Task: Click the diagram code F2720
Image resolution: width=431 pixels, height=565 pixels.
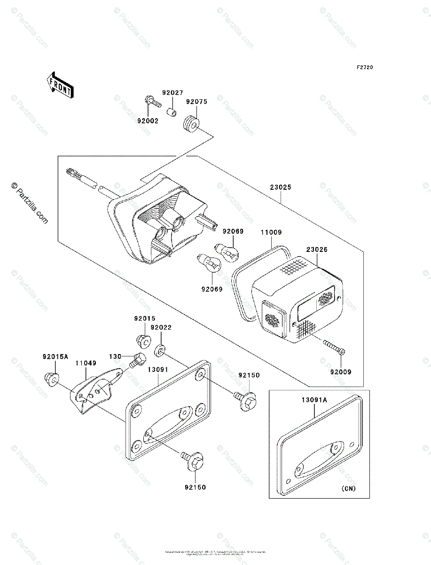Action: [x=364, y=67]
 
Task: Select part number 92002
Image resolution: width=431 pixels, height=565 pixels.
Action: [x=148, y=121]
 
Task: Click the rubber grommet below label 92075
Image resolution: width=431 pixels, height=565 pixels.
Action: [x=190, y=124]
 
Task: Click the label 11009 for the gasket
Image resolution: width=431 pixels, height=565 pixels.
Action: [x=272, y=232]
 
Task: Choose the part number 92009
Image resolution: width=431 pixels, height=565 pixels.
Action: [x=340, y=371]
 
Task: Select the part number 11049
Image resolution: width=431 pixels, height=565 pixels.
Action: [x=86, y=363]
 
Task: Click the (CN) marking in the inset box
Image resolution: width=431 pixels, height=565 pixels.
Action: [x=348, y=488]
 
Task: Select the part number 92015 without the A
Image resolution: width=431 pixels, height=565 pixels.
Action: [x=144, y=318]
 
